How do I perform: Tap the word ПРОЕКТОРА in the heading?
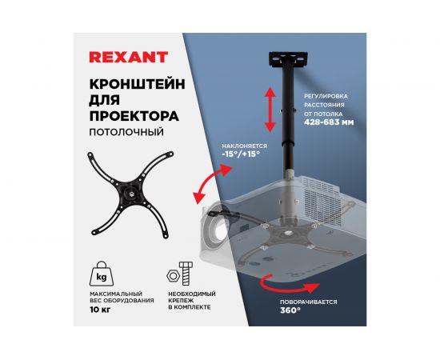pos(132,116)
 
